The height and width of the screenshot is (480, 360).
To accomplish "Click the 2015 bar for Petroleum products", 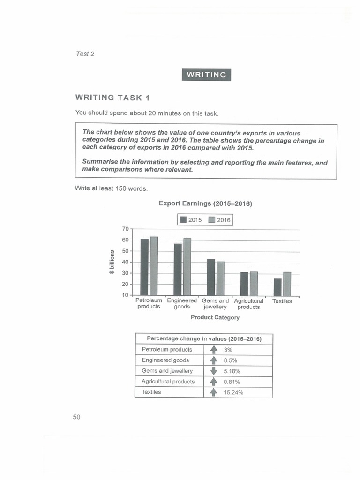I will (x=144, y=267).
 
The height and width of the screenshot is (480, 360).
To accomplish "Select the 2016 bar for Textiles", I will (x=287, y=284).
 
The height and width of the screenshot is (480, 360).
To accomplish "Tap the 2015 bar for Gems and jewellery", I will (x=211, y=277).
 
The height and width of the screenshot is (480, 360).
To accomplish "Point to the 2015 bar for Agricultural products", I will (x=244, y=284).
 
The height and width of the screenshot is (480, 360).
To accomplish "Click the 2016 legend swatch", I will (x=211, y=220).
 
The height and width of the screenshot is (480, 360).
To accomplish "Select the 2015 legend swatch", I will (x=183, y=220).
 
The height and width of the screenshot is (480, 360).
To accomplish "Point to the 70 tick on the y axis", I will (x=125, y=229).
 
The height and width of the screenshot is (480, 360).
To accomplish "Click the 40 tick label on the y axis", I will (x=125, y=262).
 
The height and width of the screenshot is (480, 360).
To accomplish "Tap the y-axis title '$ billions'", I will (x=112, y=263).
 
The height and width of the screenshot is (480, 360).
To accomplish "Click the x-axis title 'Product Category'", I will (x=215, y=317).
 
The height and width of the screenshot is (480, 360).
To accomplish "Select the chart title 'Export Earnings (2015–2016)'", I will (x=205, y=203).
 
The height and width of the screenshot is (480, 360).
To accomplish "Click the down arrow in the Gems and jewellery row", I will (x=213, y=371).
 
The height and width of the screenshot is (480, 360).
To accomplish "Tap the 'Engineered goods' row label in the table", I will (x=165, y=360).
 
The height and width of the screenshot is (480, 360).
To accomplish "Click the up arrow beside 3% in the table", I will (x=213, y=350).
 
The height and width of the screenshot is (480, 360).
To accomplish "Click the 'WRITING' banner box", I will (x=206, y=75).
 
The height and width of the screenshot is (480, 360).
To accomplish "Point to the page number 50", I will (x=77, y=417).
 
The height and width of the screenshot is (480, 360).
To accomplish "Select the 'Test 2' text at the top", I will (x=85, y=54).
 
